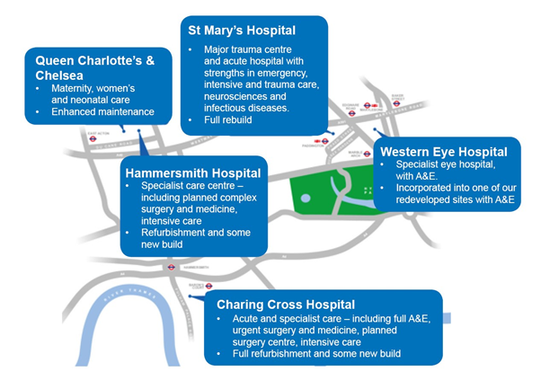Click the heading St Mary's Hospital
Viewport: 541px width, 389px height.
point(242,31)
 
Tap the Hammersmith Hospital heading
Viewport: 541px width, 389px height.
point(193,172)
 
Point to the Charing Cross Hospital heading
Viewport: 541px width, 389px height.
point(285,304)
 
